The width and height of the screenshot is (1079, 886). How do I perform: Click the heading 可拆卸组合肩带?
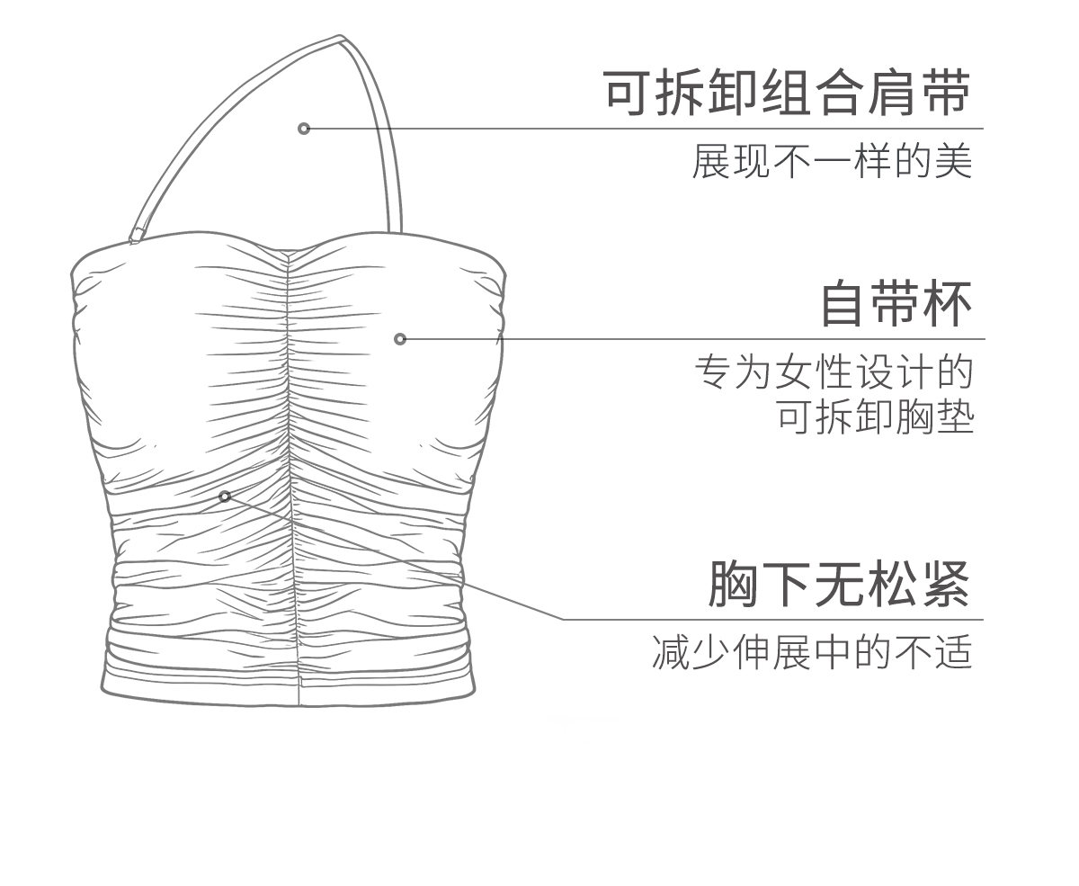click(x=787, y=94)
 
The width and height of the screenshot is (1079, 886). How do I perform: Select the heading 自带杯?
click(x=896, y=304)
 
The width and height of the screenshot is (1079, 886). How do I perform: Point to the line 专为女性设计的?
click(x=834, y=372)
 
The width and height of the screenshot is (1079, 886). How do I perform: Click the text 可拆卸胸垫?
click(x=875, y=417)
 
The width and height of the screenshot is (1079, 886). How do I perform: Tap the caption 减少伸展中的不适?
click(x=812, y=652)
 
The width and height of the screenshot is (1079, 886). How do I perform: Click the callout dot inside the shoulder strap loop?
click(x=304, y=129)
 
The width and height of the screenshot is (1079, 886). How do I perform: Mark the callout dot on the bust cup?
click(x=400, y=339)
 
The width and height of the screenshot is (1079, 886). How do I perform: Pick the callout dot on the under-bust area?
click(x=225, y=496)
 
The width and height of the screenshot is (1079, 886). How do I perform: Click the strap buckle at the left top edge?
click(x=137, y=236)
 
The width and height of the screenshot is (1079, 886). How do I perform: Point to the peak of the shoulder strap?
click(x=341, y=39)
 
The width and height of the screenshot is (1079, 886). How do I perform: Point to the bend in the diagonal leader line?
click(x=564, y=619)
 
